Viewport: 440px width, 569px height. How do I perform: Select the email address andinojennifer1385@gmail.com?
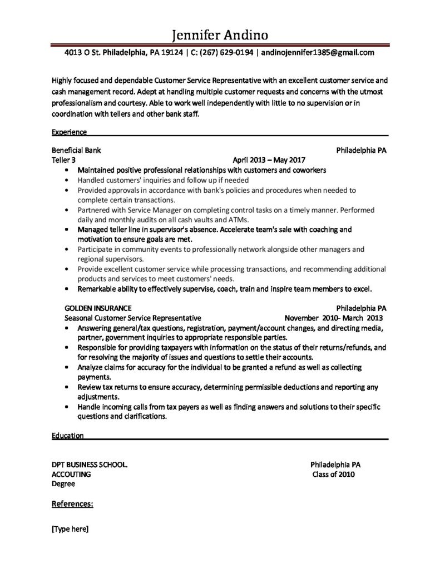click(x=317, y=53)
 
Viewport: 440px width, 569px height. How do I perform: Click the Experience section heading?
click(x=68, y=132)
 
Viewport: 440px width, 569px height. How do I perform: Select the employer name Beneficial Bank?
click(x=76, y=151)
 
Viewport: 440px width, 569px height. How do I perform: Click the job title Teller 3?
click(x=63, y=160)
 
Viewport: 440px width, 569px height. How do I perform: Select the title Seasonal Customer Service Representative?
click(x=133, y=318)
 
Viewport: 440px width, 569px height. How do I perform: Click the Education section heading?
click(x=67, y=436)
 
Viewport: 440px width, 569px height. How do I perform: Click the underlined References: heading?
click(x=72, y=504)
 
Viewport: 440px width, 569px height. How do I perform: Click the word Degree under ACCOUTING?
click(x=63, y=483)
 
